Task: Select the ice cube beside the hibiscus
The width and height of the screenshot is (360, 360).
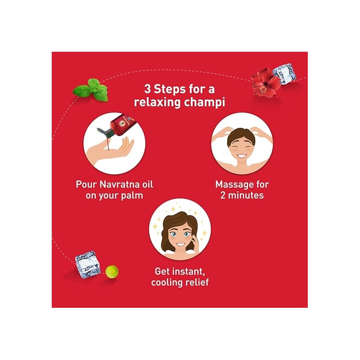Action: (x=283, y=74)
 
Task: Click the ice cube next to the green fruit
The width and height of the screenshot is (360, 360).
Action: (x=88, y=265)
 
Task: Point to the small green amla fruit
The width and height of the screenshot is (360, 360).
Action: (x=112, y=271)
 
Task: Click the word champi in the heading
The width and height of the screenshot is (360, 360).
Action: (x=205, y=103)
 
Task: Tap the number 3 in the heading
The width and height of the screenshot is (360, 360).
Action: (x=147, y=89)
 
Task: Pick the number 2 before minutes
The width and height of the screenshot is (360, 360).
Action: (x=223, y=195)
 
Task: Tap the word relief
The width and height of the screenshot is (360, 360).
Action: (x=197, y=282)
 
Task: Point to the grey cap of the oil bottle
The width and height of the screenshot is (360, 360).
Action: (x=104, y=132)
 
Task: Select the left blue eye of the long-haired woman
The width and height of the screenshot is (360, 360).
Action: (x=174, y=234)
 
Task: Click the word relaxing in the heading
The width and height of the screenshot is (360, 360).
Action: (x=157, y=103)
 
